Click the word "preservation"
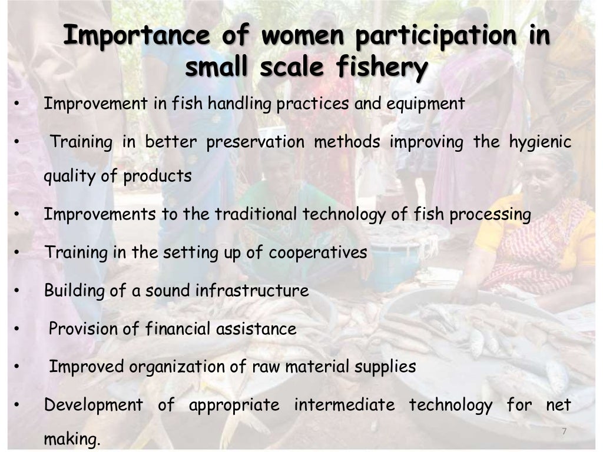[255, 142]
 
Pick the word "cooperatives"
[318, 253]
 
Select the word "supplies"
[385, 367]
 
